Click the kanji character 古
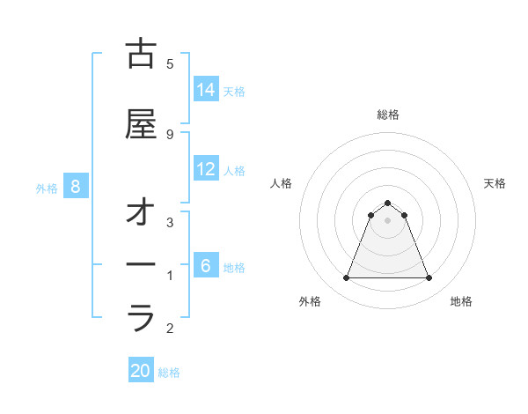(x=141, y=55)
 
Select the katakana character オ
(x=141, y=215)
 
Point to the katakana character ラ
(x=141, y=317)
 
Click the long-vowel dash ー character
(x=141, y=264)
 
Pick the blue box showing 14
(x=206, y=89)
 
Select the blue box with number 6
(x=206, y=265)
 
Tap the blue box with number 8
(x=76, y=186)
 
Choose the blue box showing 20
(x=141, y=371)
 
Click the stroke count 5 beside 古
(x=170, y=64)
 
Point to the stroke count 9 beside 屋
(x=170, y=134)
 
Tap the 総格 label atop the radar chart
(x=388, y=115)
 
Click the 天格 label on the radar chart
(x=495, y=183)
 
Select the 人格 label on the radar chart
(x=281, y=183)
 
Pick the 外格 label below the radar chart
(x=310, y=301)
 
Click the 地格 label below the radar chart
(x=461, y=301)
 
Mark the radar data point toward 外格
(x=346, y=278)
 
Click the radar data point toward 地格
(x=429, y=278)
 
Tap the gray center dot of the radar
(x=388, y=220)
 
